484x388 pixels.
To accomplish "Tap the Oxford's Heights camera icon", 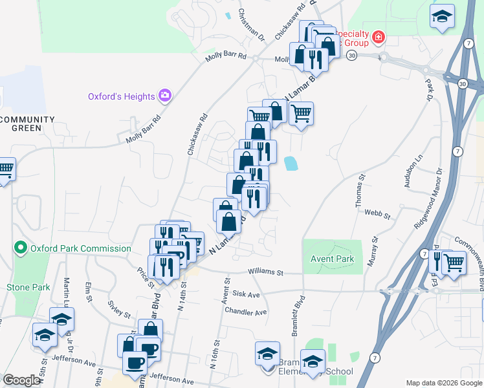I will [x=165, y=96].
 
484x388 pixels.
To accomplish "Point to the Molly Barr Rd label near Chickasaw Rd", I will [x=226, y=57].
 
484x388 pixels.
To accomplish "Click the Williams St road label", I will [x=267, y=273].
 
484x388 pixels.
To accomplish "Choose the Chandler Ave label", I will [x=245, y=312].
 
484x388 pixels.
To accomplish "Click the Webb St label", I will [x=378, y=213].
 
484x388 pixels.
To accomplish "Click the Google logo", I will [x=21, y=380].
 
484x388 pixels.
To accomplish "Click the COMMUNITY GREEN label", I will [x=27, y=124].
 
